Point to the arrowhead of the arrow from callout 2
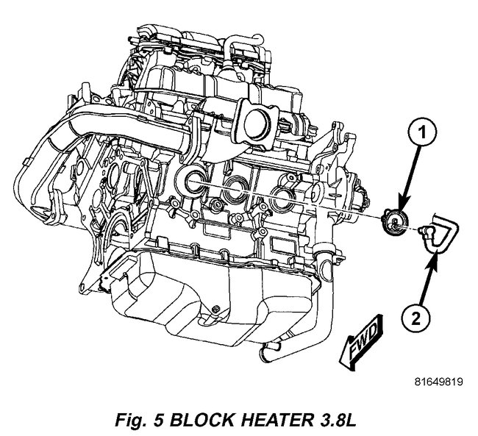(437, 254)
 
